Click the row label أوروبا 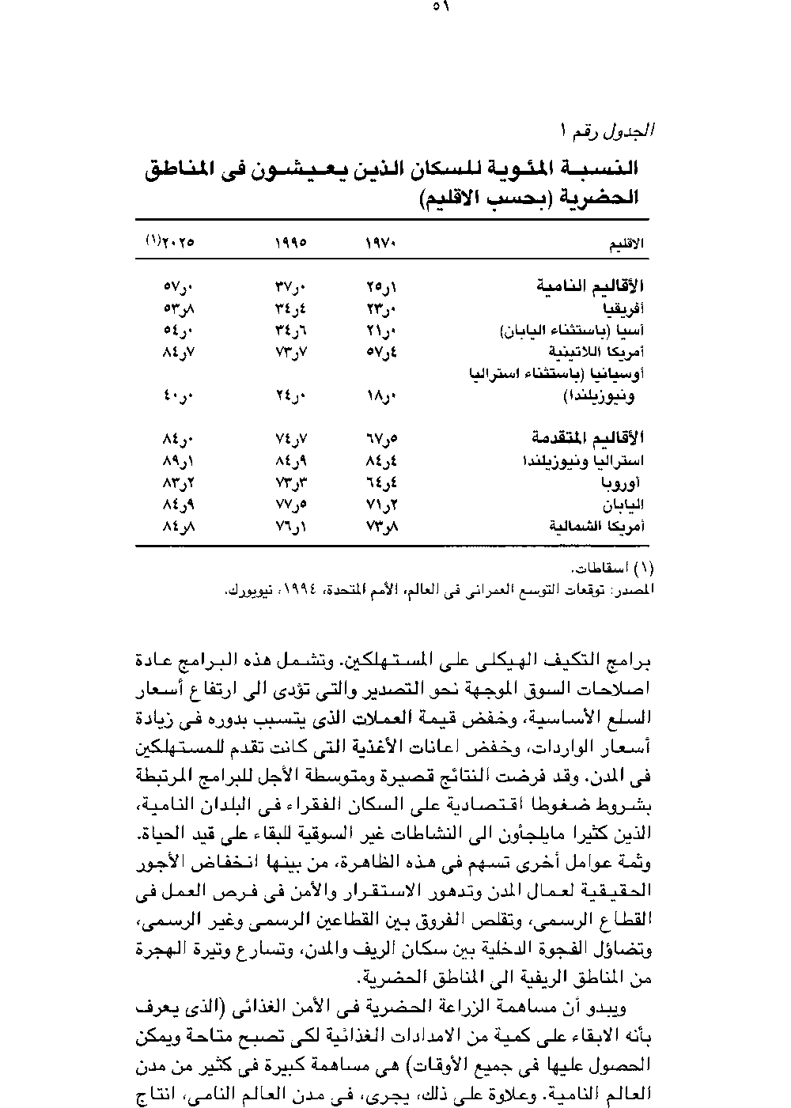click(x=626, y=482)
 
